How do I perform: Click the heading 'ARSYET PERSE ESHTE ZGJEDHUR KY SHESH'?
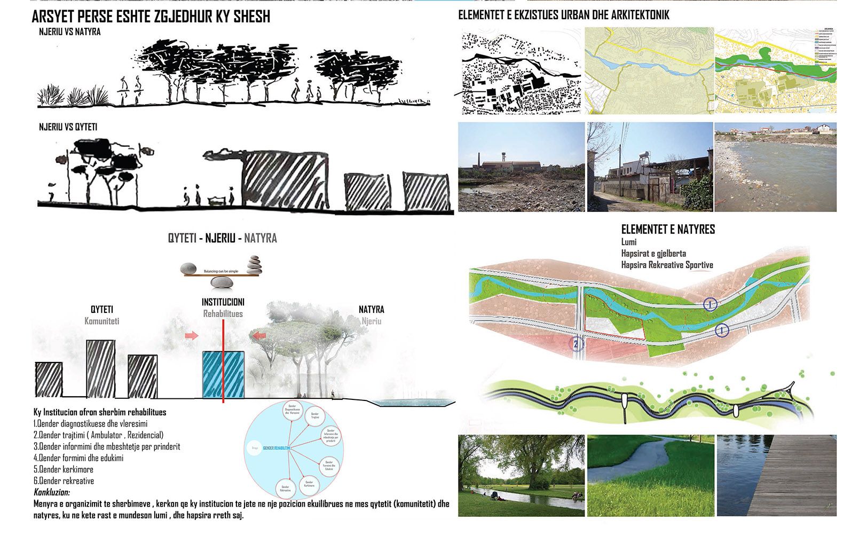point(151,17)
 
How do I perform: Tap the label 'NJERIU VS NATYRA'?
point(69,32)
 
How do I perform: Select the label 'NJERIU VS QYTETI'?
point(68,128)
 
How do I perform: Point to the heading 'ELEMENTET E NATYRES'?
point(667,230)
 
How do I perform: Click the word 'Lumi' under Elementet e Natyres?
point(629,242)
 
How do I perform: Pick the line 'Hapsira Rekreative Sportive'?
point(667,265)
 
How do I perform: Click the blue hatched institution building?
point(223,374)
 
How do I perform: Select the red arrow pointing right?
point(191,335)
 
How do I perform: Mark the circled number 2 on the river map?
point(576,344)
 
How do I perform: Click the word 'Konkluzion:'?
point(52,492)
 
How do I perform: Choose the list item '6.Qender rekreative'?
point(64,481)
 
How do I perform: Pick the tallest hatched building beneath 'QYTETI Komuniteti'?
point(101,368)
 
